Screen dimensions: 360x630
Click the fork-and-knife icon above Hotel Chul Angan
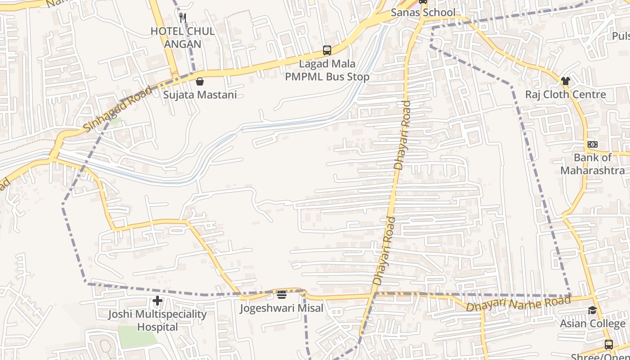point(183,18)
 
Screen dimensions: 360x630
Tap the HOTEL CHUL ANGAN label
point(182,38)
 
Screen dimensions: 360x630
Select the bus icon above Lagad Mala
point(327,50)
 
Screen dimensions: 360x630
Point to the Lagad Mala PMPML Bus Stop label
point(327,71)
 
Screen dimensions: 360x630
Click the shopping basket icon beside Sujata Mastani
point(200,81)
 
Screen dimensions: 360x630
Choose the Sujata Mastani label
point(200,95)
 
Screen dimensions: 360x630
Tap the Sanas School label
point(423,13)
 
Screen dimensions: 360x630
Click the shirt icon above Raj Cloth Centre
point(566,81)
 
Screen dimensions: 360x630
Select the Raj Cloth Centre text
point(566,94)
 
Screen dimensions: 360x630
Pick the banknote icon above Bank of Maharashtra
point(593,144)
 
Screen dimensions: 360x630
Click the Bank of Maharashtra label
point(593,164)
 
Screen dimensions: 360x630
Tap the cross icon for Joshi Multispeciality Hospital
point(157,301)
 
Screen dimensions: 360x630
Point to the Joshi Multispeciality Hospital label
point(157,320)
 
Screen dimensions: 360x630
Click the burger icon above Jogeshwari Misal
point(282,295)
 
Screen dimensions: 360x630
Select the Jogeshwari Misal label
point(282,308)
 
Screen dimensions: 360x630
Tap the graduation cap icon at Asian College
point(593,310)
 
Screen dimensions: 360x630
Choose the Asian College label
point(593,324)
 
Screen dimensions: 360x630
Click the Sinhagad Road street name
point(118,109)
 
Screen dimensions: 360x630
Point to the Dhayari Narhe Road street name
point(518,304)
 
